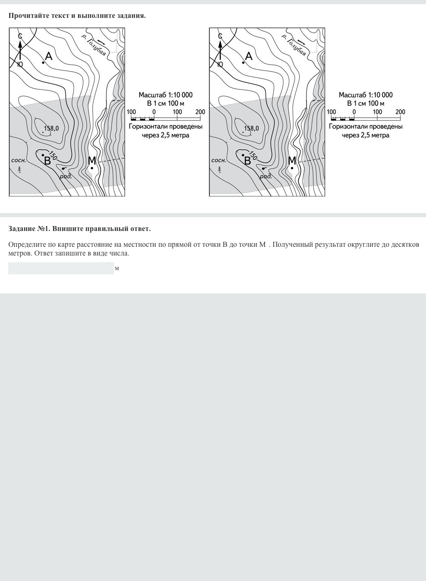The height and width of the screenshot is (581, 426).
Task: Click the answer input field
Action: point(61,268)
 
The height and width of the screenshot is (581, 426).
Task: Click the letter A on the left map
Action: point(49,56)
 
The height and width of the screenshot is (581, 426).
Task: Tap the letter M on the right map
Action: point(292,161)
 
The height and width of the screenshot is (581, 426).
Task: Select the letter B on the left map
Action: point(47,161)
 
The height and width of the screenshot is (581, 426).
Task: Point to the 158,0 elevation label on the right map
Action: point(251,128)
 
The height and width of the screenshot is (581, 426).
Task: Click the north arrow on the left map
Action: point(20,50)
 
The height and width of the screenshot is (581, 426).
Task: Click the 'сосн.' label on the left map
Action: point(19,160)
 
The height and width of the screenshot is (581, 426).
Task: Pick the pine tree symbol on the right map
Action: point(220,169)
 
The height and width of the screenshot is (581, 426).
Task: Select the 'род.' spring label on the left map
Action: point(66,176)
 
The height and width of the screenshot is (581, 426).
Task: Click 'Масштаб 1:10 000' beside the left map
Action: point(166,95)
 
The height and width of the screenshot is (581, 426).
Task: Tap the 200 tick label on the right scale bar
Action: point(400,112)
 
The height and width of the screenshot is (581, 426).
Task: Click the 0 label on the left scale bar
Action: point(154,112)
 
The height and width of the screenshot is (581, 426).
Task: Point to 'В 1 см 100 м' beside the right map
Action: point(366,103)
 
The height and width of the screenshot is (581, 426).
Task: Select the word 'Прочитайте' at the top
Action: point(28,15)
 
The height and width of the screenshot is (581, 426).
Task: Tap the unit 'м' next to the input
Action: point(117,268)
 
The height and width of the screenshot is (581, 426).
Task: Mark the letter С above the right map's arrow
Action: point(220,36)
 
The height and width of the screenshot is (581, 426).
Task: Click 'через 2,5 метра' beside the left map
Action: point(166,135)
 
